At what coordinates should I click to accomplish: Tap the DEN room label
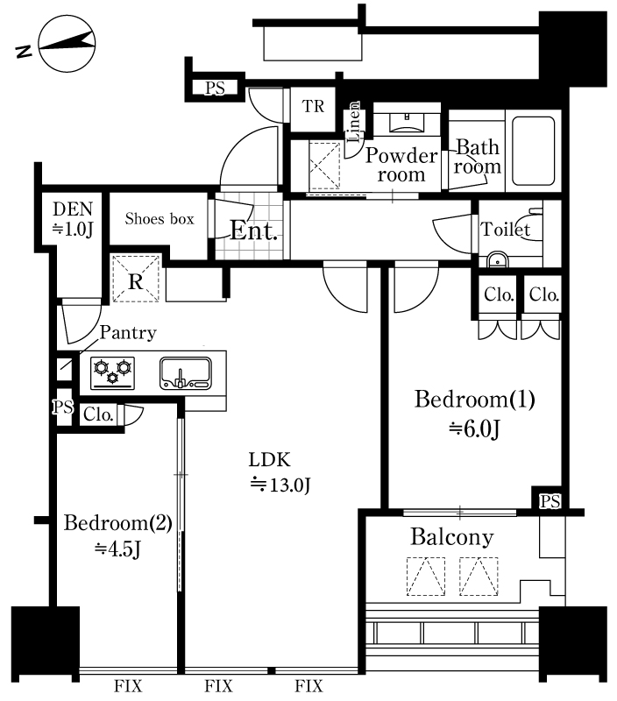(x=73, y=209)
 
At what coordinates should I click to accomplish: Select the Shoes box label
(x=160, y=218)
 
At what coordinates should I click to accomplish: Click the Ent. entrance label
(x=253, y=230)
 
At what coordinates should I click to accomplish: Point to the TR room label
(x=313, y=106)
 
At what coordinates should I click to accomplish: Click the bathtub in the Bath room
(x=534, y=151)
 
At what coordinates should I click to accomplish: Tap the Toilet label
(x=505, y=230)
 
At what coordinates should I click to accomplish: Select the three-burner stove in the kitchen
(x=113, y=373)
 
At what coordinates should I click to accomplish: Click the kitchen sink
(x=186, y=373)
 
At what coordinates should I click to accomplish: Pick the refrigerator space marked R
(x=136, y=278)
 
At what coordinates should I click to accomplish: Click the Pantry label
(x=128, y=333)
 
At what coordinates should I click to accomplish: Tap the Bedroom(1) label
(x=474, y=400)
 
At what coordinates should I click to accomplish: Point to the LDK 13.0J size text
(x=280, y=485)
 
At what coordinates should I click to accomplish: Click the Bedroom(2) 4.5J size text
(x=117, y=549)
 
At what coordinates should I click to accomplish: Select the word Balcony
(x=452, y=537)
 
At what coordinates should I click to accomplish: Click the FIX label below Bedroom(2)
(x=128, y=686)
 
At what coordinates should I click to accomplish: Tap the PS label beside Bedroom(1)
(x=550, y=501)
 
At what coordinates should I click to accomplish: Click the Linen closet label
(x=354, y=122)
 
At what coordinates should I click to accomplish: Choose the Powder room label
(x=401, y=165)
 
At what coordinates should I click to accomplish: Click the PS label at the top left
(x=215, y=89)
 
